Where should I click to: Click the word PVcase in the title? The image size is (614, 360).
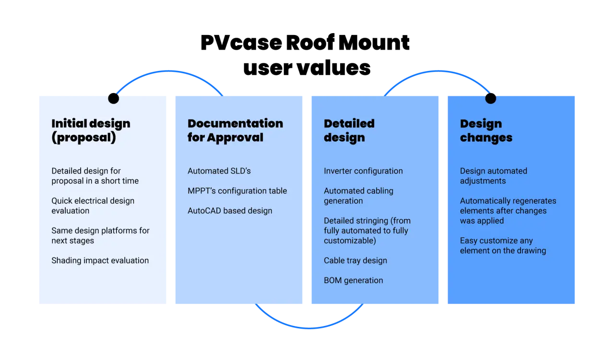(241, 43)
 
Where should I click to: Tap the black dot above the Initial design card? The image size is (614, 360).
(114, 98)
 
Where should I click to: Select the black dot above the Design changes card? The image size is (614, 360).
(491, 98)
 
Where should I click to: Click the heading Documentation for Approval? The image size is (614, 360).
(235, 131)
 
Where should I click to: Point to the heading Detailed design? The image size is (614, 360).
(349, 131)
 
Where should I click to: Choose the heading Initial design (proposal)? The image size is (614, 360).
(91, 131)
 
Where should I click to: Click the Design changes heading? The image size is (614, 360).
(486, 131)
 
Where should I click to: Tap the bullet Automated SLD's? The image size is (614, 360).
(219, 171)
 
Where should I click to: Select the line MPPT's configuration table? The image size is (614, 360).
(237, 191)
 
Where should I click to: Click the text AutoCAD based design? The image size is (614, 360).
(230, 211)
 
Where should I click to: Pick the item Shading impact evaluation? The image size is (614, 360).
(100, 260)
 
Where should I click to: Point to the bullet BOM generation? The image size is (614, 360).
(354, 280)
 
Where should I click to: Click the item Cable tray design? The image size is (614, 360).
(355, 260)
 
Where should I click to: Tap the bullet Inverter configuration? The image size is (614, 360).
(363, 171)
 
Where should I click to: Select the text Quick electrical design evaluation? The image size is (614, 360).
(93, 205)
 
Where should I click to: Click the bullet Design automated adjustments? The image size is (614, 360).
(494, 176)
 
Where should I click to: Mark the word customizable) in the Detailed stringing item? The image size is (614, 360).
(350, 240)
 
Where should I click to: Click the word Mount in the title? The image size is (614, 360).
(374, 43)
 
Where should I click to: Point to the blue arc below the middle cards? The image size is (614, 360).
(309, 327)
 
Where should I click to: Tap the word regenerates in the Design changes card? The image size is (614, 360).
(534, 201)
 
